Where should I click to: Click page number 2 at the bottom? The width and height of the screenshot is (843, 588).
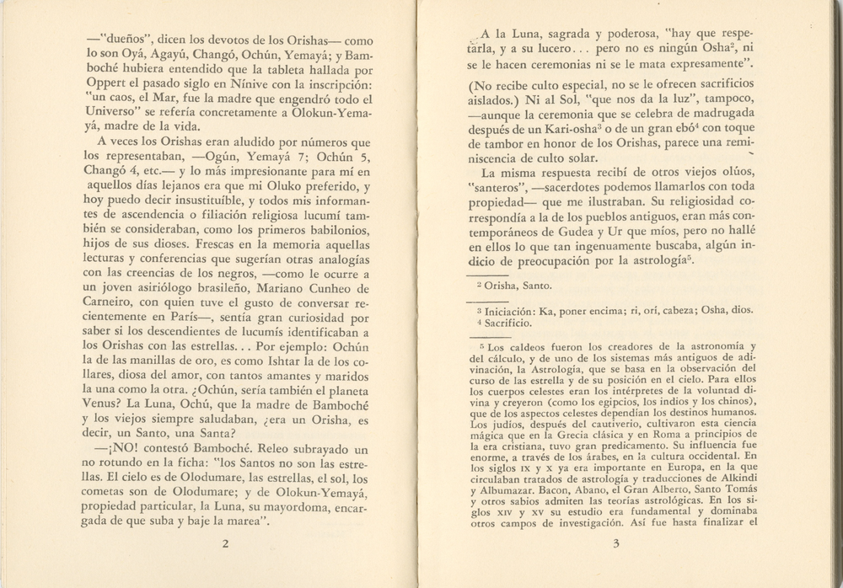(x=226, y=543)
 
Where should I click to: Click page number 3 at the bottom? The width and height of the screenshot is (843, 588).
(x=616, y=543)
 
